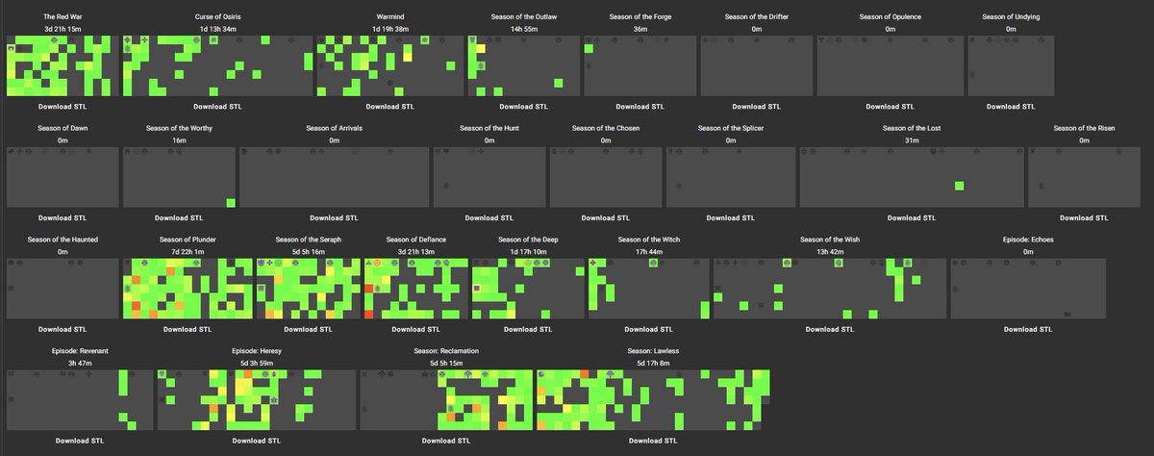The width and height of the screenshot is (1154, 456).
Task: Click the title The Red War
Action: click(x=63, y=17)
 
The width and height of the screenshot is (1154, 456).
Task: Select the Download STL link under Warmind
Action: click(x=390, y=107)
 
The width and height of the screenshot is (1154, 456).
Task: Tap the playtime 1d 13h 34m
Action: click(x=218, y=30)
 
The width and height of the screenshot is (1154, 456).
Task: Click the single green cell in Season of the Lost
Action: click(x=959, y=186)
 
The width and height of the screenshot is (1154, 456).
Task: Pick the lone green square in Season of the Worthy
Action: click(x=231, y=203)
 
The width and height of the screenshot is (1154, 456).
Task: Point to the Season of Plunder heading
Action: click(x=188, y=240)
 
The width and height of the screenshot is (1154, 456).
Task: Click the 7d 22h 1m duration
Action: click(x=188, y=252)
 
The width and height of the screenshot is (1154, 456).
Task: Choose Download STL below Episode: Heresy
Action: click(x=256, y=441)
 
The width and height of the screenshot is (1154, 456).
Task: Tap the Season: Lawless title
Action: click(x=653, y=351)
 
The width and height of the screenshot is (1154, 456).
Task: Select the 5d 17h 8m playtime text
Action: click(x=653, y=364)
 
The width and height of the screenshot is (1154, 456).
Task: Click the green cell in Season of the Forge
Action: click(x=589, y=49)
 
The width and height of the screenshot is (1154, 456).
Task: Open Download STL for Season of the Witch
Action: click(x=648, y=329)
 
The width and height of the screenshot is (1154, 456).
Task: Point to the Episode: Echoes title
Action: click(x=1028, y=240)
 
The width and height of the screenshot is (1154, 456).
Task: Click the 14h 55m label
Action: click(x=524, y=30)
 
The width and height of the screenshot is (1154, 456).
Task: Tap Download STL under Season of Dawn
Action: click(x=63, y=218)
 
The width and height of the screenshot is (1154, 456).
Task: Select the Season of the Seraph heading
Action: click(x=308, y=240)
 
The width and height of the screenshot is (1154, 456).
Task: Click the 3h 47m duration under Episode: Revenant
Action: click(x=80, y=364)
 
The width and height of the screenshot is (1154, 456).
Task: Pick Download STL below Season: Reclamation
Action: click(x=445, y=441)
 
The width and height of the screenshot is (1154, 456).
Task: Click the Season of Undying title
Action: click(x=1011, y=17)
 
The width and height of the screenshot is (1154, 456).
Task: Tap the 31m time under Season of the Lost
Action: click(x=912, y=140)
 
